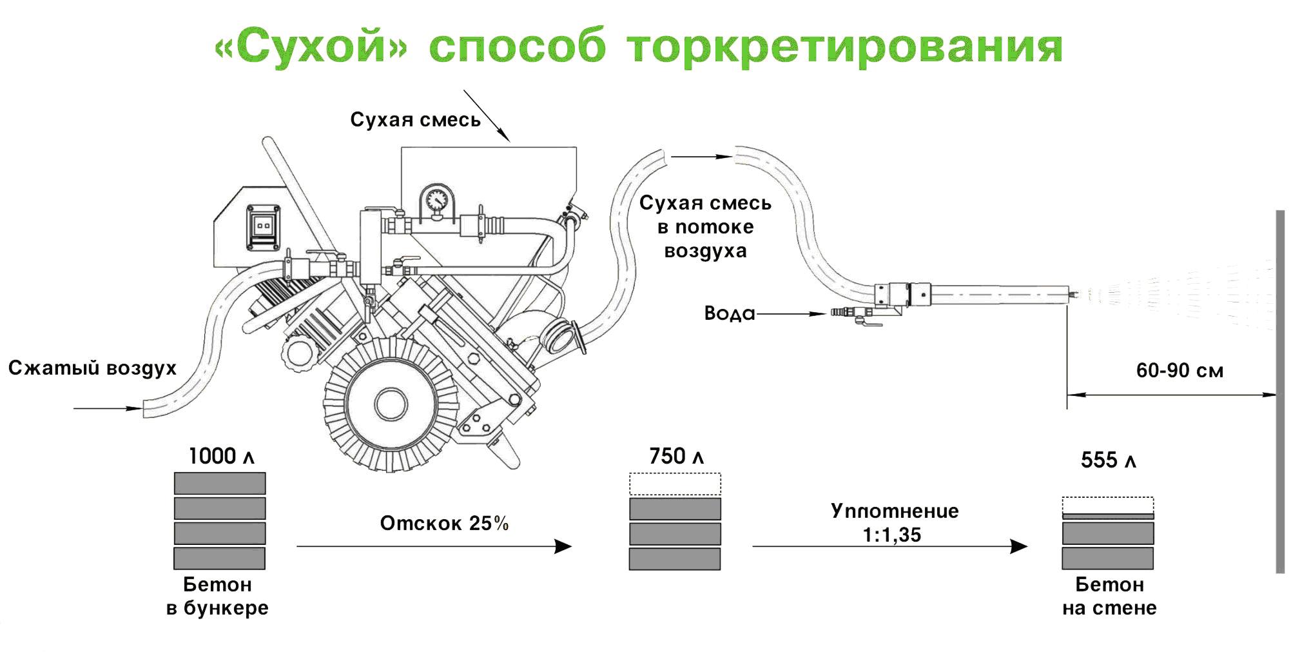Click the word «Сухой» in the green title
(311, 47)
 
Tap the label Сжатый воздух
(92, 368)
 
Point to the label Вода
(729, 313)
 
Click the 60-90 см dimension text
(1179, 370)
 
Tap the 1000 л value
(221, 457)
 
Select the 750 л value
(676, 457)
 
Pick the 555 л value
(1108, 460)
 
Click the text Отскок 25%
(444, 523)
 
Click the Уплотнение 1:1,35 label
(894, 522)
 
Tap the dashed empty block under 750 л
(675, 484)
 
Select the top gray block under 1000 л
(220, 484)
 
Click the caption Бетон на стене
(1109, 596)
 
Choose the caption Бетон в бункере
(218, 596)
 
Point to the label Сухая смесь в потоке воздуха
(705, 227)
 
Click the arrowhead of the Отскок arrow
(563, 546)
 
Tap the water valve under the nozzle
(861, 315)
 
